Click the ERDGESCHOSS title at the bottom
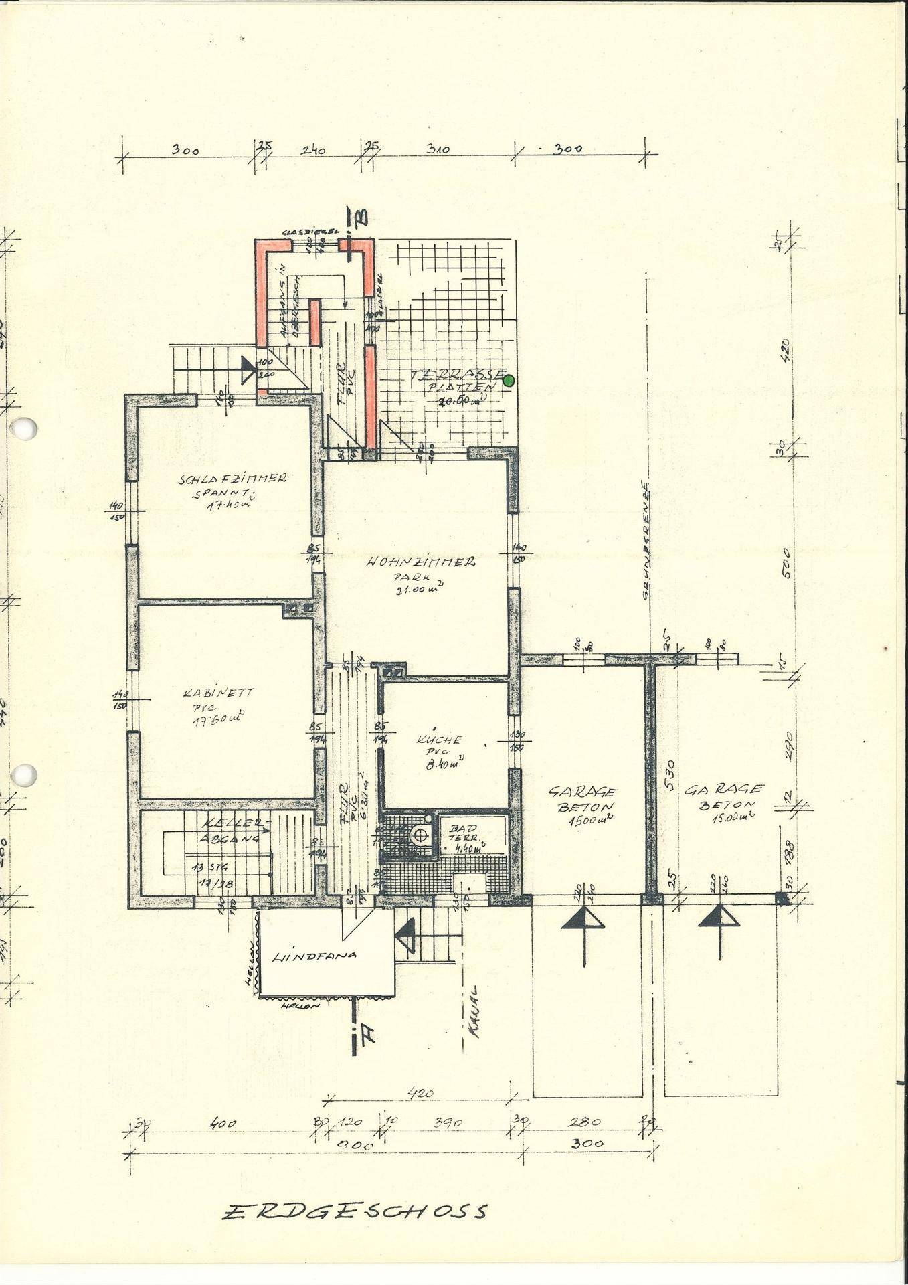(x=355, y=1212)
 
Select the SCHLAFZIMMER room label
(x=232, y=479)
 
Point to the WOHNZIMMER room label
(x=421, y=562)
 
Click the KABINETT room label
(x=209, y=693)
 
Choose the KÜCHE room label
(x=439, y=740)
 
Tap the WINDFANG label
(x=314, y=956)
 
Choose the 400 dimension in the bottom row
(x=222, y=1124)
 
